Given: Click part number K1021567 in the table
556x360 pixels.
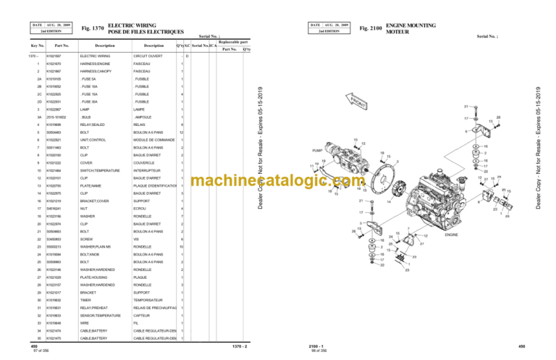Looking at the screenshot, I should click(54, 56).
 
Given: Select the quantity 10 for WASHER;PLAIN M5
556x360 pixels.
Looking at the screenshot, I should click(182, 247).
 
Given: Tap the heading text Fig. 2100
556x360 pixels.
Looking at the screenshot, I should click(371, 28).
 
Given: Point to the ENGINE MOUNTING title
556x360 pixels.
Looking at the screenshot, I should click(418, 25).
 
